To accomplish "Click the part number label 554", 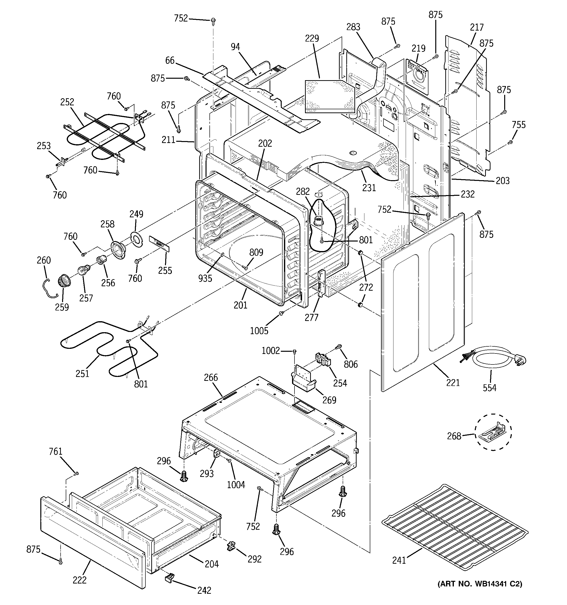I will pos(489,388).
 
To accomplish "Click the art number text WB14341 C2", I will pos(480,584).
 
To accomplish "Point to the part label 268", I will pos(454,436).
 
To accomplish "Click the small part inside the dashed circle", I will pos(493,432).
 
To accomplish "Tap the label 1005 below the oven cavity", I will pos(259,331).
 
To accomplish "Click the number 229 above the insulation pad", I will pos(312,38).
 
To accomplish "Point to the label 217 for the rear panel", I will pos(477,27).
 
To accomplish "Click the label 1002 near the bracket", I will pos(271,351).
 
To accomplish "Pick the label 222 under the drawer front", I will pos(79,580).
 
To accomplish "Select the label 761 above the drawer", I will pos(55,452).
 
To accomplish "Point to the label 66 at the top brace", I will pos(170,61).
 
